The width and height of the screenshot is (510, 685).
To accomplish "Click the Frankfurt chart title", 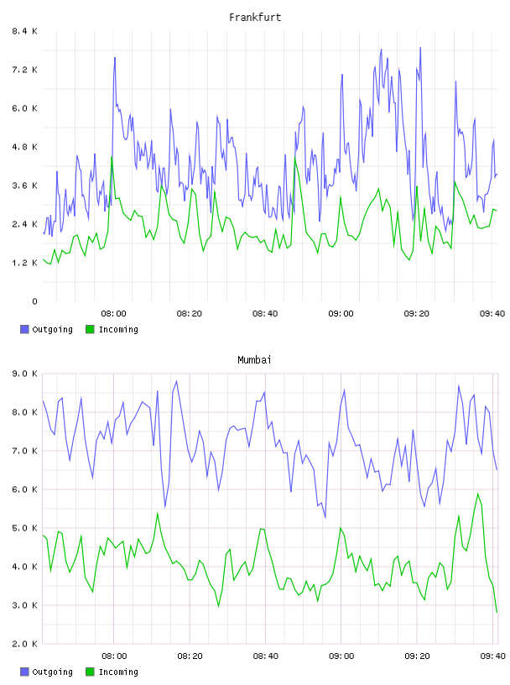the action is tap(255, 17).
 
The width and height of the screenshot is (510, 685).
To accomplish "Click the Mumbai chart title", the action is tap(254, 359).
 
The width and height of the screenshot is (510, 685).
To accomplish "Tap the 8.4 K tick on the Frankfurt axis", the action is tap(25, 31).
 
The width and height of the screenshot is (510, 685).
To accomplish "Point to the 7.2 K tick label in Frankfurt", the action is tap(25, 70).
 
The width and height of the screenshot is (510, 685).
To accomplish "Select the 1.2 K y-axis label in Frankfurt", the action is tap(25, 263).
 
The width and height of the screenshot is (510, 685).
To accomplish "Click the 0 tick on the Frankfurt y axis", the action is tap(34, 301).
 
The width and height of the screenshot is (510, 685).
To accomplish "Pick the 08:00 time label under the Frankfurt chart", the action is tap(113, 313).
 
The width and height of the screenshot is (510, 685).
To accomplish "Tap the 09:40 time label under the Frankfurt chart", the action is tap(492, 313).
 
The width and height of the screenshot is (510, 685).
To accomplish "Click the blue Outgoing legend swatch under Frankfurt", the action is tap(24, 329).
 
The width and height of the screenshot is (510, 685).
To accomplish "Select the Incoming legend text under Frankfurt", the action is tap(118, 329).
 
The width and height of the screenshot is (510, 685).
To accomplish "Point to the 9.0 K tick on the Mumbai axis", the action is tap(25, 374).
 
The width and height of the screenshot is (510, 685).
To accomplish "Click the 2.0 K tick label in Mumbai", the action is tap(25, 644).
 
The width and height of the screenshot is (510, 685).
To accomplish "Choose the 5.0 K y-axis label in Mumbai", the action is tap(25, 528).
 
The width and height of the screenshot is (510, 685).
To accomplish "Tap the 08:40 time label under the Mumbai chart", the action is tap(265, 656).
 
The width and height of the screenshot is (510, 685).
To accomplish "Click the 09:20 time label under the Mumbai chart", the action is tap(417, 656).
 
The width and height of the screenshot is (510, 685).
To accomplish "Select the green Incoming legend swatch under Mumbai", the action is tap(90, 672).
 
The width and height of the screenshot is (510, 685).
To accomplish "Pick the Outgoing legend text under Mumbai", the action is tap(52, 672).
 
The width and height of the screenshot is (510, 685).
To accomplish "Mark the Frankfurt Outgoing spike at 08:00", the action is tap(115, 57).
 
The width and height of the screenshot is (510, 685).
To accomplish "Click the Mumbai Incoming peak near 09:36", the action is tap(477, 494).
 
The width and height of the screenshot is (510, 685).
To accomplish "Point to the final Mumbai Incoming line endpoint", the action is tap(497, 613).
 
